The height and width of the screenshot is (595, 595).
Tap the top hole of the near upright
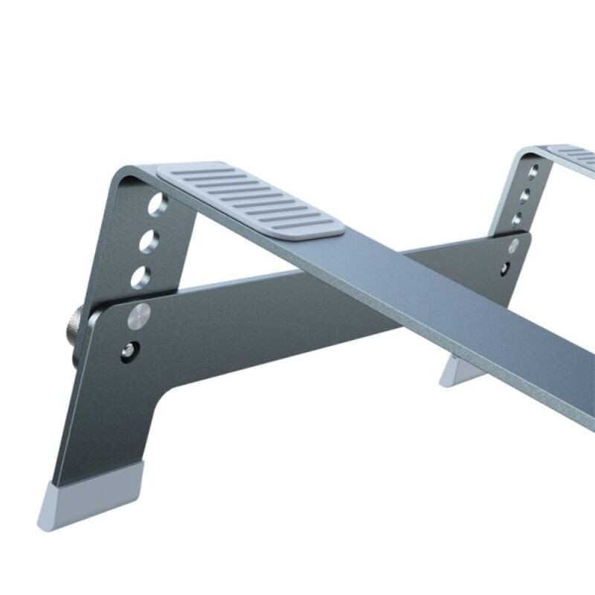click(x=156, y=205)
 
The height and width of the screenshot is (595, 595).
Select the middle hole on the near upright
click(x=149, y=240)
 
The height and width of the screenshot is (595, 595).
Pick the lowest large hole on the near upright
click(x=141, y=276)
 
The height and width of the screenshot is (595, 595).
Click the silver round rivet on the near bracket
click(x=138, y=315)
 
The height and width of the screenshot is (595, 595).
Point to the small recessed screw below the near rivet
click(x=130, y=347)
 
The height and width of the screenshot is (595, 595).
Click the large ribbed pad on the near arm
click(x=251, y=199)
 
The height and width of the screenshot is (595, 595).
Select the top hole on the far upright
click(x=533, y=171)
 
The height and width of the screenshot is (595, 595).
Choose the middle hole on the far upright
click(x=526, y=195)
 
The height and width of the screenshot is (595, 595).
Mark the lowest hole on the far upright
click(x=519, y=219)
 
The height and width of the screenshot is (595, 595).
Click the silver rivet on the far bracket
click(x=513, y=245)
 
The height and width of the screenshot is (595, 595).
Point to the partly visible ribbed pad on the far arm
click(x=573, y=155)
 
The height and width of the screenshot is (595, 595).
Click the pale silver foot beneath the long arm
click(x=455, y=370)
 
